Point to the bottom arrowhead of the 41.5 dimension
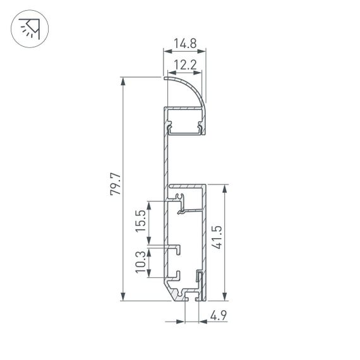pos(225,297)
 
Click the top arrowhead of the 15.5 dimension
pos(149,204)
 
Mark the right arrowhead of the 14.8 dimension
pos(204,52)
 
